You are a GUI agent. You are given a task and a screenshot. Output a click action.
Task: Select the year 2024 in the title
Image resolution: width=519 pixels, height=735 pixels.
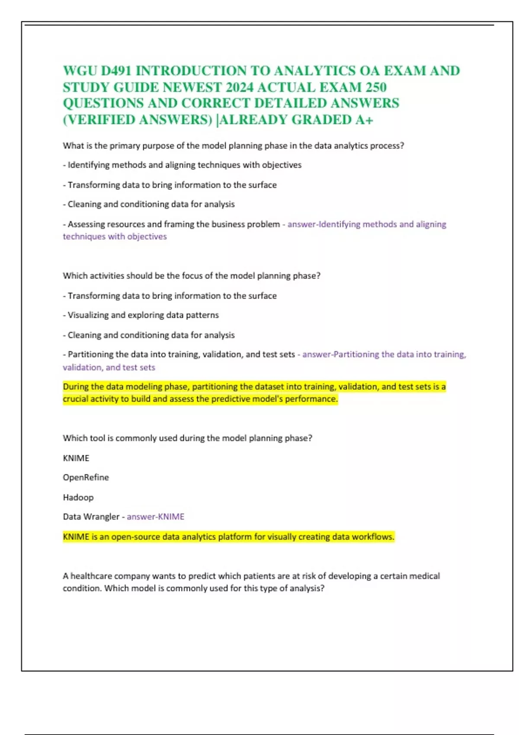click(240, 87)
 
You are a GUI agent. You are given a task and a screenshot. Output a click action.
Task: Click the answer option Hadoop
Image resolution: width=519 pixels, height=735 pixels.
click(78, 497)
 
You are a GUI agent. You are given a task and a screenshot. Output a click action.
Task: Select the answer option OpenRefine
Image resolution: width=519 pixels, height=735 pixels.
click(86, 477)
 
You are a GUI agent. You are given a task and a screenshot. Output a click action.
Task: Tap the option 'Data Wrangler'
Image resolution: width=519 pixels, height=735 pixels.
click(91, 517)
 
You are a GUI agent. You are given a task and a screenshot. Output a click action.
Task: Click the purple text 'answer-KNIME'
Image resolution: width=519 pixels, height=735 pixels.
click(156, 517)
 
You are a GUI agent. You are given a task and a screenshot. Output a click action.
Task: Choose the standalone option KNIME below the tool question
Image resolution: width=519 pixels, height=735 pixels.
click(76, 458)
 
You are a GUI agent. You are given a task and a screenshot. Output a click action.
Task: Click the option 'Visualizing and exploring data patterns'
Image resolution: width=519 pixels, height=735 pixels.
click(143, 315)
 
